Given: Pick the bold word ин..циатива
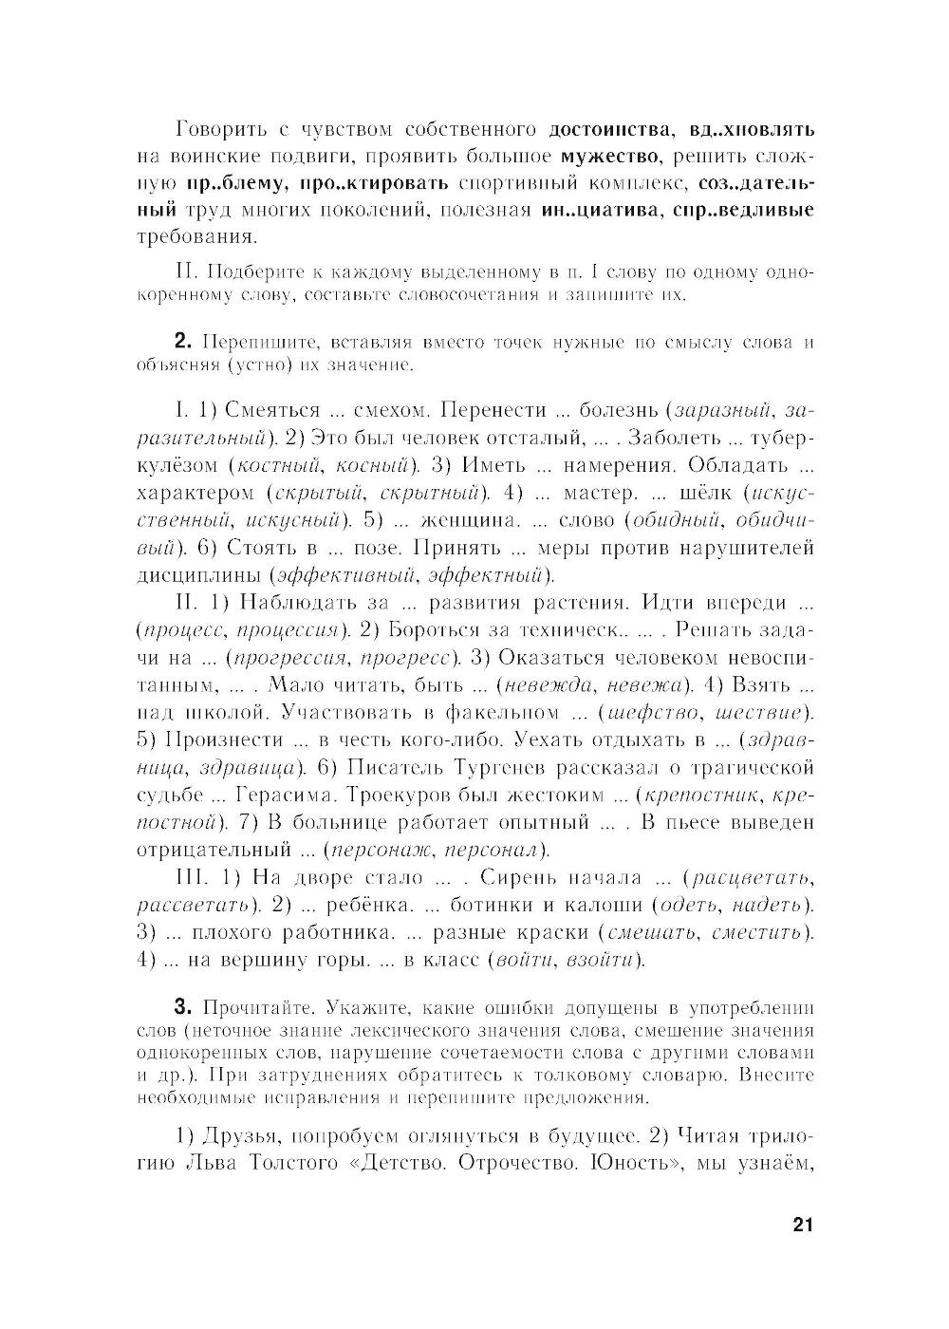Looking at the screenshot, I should click(x=599, y=209).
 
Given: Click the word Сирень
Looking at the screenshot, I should click(x=527, y=877).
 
